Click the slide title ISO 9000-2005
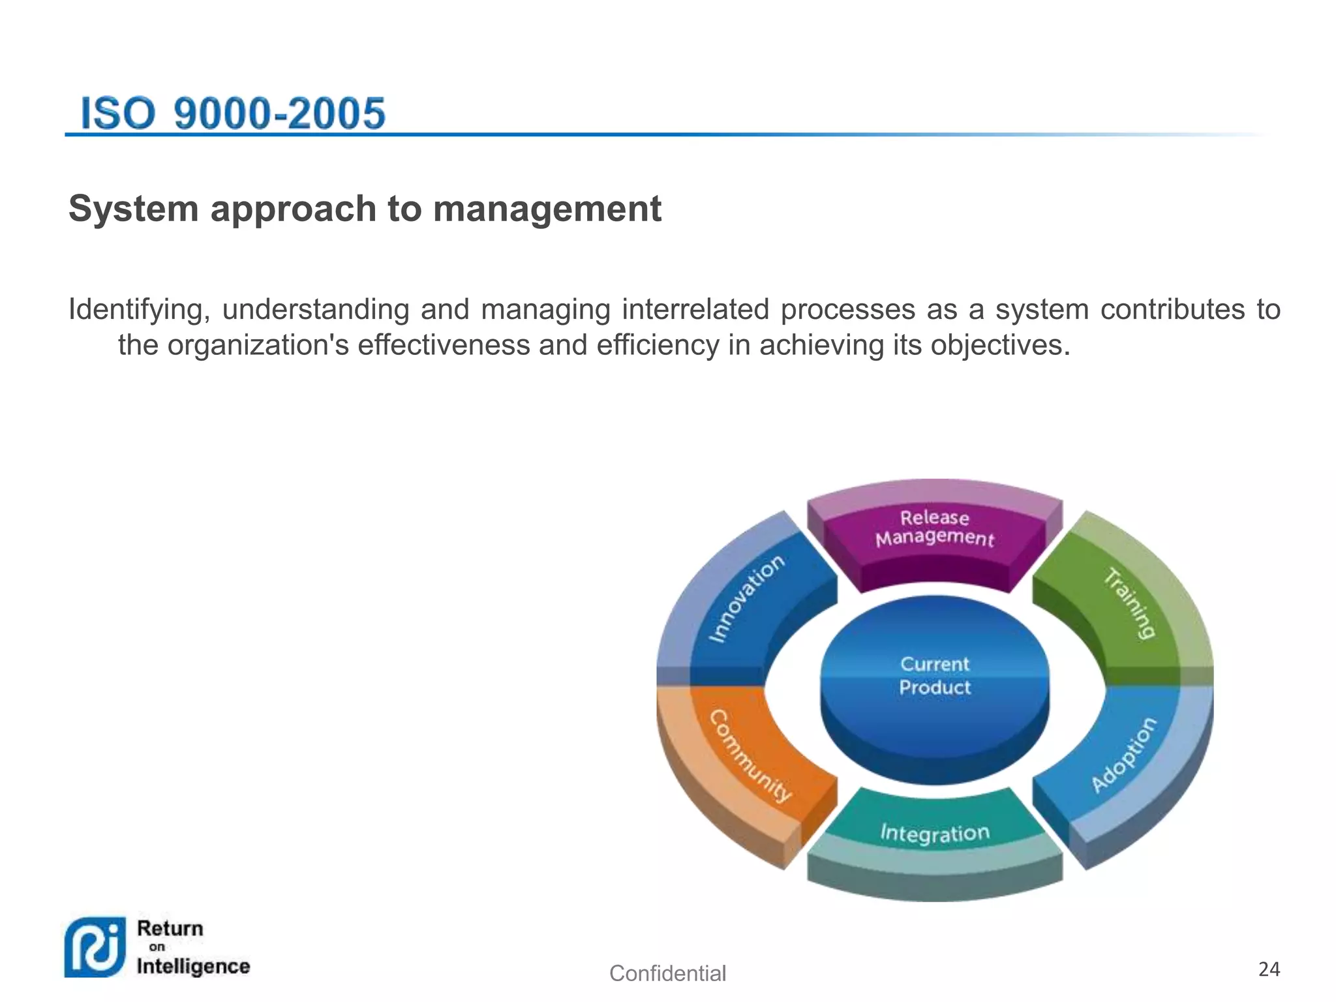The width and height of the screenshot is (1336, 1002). click(233, 113)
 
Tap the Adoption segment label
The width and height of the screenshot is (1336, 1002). click(1123, 755)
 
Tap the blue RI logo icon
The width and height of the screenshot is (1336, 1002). click(95, 947)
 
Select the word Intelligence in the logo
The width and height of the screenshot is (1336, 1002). click(193, 966)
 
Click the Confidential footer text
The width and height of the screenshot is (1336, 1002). click(667, 973)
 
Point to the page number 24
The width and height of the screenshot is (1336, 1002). click(1269, 969)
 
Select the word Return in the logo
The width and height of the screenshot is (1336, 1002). click(170, 928)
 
